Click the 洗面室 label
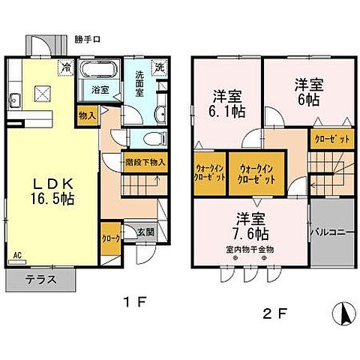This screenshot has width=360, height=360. point(141,79)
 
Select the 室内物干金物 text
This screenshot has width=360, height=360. point(249,250)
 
